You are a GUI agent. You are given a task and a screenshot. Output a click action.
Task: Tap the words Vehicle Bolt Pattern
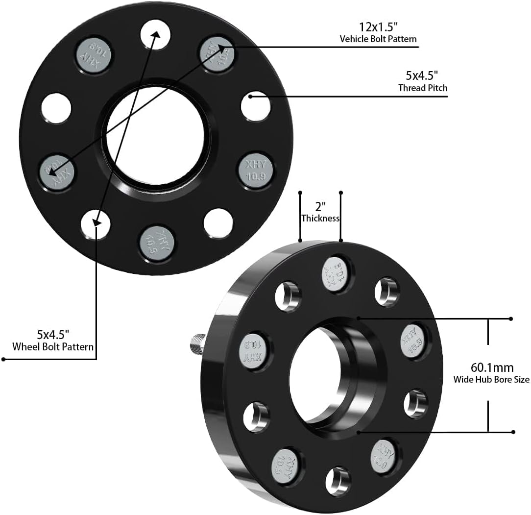378,38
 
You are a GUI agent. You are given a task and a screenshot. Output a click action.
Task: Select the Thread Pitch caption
423,88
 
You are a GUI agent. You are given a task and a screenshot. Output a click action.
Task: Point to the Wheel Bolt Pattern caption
53,347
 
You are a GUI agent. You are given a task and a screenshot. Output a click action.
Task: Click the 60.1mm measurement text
485,367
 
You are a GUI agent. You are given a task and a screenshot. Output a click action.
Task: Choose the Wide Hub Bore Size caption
491,379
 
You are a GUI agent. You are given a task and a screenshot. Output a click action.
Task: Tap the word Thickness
320,218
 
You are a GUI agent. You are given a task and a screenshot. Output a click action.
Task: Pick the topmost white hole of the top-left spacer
156,34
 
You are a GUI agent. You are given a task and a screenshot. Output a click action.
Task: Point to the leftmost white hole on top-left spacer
56,108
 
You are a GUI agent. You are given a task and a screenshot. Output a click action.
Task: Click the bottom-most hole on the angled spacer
338,481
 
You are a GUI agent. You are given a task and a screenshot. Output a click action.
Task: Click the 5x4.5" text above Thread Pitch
421,76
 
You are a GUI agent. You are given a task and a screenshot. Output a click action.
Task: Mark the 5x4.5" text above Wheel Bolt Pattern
53,335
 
